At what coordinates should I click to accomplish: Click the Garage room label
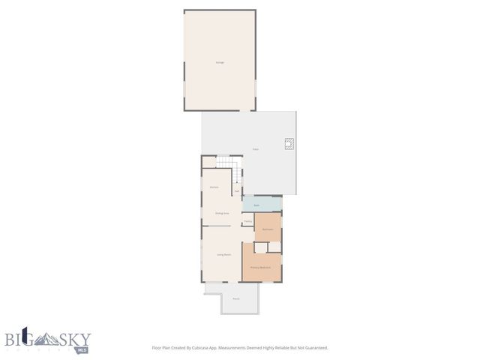pyautogui.click(x=220, y=62)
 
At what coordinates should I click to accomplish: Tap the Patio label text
pyautogui.click(x=255, y=150)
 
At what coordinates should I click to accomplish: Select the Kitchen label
pyautogui.click(x=214, y=186)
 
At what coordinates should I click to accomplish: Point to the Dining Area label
pyautogui.click(x=222, y=213)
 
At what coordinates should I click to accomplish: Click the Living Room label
pyautogui.click(x=223, y=255)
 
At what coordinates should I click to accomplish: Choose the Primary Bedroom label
pyautogui.click(x=260, y=268)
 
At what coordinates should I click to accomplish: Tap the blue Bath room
pyautogui.click(x=256, y=205)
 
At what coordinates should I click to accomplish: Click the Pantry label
pyautogui.click(x=247, y=221)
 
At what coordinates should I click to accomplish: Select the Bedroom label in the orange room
pyautogui.click(x=267, y=228)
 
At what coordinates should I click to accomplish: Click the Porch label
pyautogui.click(x=235, y=298)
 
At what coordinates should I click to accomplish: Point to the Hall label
pyautogui.click(x=237, y=190)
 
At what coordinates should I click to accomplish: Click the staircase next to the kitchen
pyautogui.click(x=236, y=174)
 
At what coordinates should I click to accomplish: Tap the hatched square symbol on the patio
pyautogui.click(x=288, y=145)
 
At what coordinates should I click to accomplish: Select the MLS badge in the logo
pyautogui.click(x=82, y=349)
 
